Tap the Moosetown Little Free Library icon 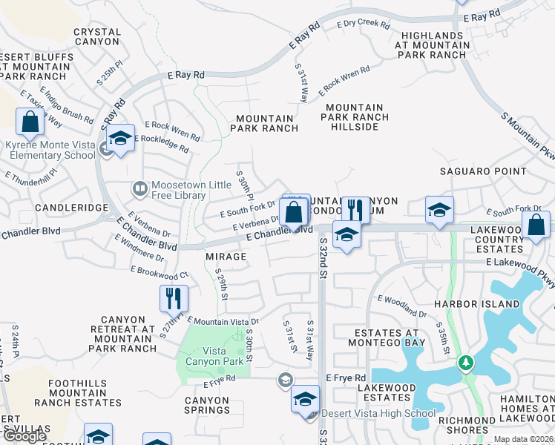[139, 190]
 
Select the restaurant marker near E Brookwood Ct [174, 298]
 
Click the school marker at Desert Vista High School [304, 398]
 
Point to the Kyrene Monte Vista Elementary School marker [120, 137]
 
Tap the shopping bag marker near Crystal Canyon [30, 122]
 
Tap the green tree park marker [466, 363]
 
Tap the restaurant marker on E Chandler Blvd [355, 211]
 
